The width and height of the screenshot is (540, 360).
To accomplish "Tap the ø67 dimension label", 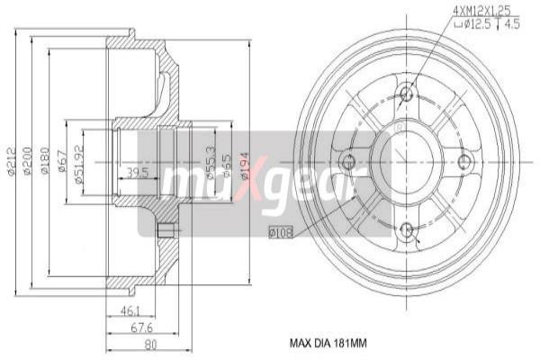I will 61,160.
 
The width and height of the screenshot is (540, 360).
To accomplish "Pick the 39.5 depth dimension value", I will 138,172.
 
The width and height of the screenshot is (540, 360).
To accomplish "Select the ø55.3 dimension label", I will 211,161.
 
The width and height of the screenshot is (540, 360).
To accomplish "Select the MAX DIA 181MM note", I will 328,343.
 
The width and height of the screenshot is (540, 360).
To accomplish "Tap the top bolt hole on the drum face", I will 406,94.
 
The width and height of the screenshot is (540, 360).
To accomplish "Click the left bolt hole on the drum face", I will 347,162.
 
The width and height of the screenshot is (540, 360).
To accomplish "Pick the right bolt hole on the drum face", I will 464,162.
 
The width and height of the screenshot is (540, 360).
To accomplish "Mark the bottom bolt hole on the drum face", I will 406,229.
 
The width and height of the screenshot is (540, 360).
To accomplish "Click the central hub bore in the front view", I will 406,162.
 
